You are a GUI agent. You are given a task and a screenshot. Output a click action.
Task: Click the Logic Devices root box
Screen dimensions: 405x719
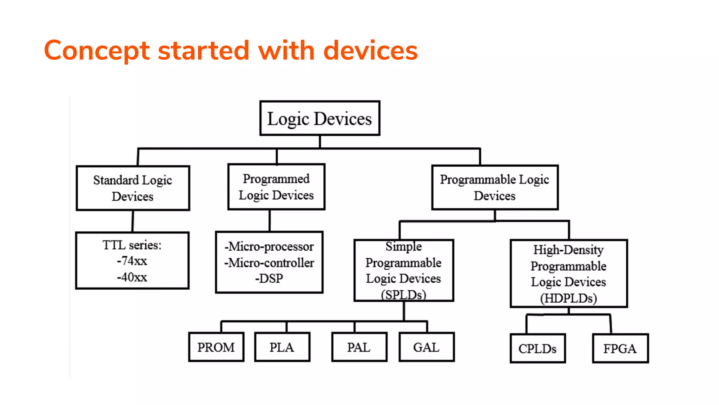pos(319,118)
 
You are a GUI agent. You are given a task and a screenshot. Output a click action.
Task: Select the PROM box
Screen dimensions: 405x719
pos(216,347)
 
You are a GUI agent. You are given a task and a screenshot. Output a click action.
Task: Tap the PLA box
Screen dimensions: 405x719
pos(282,347)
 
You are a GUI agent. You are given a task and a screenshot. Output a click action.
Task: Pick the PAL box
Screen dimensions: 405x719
pos(359,347)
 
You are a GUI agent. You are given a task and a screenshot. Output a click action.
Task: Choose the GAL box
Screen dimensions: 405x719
pos(426,347)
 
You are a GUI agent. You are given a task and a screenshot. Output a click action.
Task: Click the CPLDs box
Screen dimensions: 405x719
pos(537,348)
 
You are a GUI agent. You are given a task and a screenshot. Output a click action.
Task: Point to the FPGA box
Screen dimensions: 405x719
pos(620,348)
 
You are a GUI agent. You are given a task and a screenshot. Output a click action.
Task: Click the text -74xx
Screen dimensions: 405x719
pos(132,261)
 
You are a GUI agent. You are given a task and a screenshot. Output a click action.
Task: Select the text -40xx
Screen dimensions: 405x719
pos(132,277)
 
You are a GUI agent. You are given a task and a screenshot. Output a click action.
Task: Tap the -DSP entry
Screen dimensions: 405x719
pos(269,278)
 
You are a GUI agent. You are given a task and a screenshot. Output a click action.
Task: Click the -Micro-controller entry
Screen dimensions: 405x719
pos(269,263)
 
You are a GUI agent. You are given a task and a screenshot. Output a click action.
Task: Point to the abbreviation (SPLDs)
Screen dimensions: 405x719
pos(403,295)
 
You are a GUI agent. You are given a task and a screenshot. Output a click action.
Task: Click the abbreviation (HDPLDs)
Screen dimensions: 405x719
pos(568,298)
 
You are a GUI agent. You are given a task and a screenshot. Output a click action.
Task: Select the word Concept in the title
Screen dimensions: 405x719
pos(97,51)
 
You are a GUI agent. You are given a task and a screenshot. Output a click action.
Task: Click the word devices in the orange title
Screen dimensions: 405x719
pos(370,51)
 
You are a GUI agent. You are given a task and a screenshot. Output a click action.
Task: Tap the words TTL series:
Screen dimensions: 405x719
pos(132,245)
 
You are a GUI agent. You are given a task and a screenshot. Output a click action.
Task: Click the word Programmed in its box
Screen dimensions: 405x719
pos(276,179)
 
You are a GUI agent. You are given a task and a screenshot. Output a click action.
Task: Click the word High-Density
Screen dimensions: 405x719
pos(568,250)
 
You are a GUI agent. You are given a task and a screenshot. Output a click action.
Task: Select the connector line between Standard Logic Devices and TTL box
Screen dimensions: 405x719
pos(133,221)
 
